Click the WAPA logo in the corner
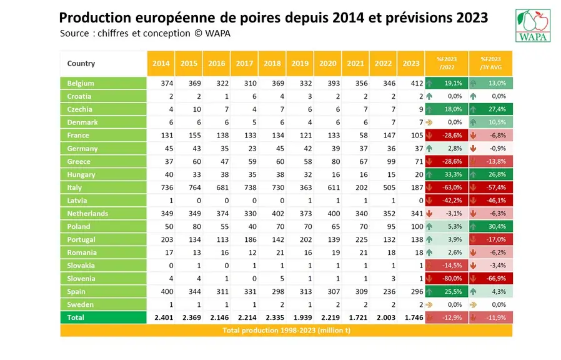coord(533,26)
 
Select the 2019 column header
coord(300,63)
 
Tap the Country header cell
coord(104,63)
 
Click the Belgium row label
coord(104,83)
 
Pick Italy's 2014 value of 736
coord(167,187)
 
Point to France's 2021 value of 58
coord(363,135)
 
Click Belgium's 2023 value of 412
coord(417,83)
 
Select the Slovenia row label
coord(104,278)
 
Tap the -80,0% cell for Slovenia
coord(447,278)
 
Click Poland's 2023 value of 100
coord(417,226)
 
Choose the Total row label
coord(104,317)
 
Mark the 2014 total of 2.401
coord(164,317)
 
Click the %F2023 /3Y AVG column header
coord(490,63)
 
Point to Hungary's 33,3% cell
coord(447,174)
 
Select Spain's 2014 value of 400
coord(167,292)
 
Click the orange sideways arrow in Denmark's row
coord(429,122)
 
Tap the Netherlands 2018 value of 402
coord(278,214)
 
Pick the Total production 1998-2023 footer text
coord(286,330)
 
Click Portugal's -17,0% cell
coord(490,239)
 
